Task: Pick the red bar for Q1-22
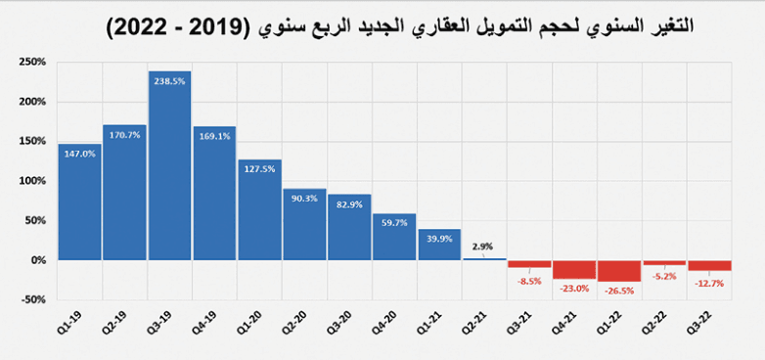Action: point(619,271)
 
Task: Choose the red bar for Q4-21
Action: point(574,269)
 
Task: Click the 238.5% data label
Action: point(170,81)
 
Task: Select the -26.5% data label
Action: point(619,290)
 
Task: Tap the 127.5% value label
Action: point(259,168)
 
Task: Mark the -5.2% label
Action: point(665,275)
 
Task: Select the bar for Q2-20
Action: point(304,224)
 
